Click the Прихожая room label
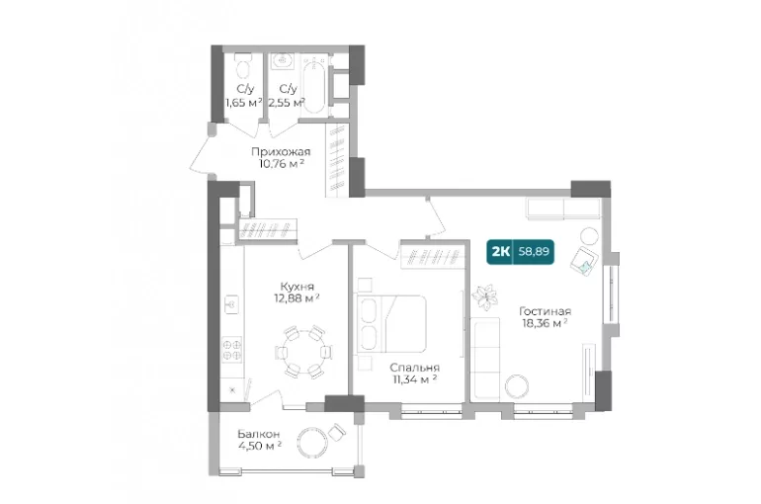[281, 152]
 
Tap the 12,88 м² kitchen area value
[296, 297]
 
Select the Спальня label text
[414, 368]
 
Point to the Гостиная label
[545, 311]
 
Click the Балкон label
[258, 434]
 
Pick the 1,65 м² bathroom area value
[244, 103]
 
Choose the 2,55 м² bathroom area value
[287, 103]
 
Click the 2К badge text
[500, 252]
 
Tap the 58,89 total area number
[534, 252]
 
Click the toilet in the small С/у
[243, 65]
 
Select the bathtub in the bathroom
[314, 84]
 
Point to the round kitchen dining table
[304, 352]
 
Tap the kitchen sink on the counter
[232, 304]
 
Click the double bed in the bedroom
[392, 323]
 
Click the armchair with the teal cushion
[583, 261]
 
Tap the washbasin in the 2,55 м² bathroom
[282, 60]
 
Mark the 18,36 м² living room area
[545, 323]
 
